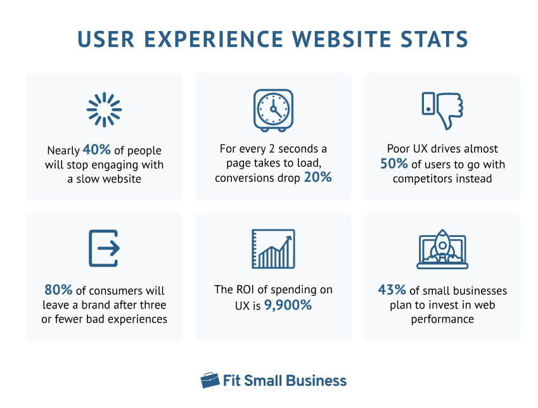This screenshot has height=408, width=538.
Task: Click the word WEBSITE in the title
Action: tap(342, 39)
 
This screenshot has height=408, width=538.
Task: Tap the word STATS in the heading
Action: tap(434, 39)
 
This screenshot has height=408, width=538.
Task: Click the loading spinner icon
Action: tap(105, 110)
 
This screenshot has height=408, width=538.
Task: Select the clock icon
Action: tap(273, 110)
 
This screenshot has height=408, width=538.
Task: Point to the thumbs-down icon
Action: tap(442, 110)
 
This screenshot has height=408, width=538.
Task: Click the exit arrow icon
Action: tap(105, 248)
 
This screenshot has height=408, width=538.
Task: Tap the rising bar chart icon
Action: tap(273, 249)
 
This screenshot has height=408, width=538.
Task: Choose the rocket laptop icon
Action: tap(442, 249)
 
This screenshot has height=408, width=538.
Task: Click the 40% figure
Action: tap(97, 150)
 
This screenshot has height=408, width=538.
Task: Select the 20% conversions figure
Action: tap(317, 177)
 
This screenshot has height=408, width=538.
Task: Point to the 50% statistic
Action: tap(394, 163)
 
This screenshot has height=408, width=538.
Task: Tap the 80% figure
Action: tap(58, 290)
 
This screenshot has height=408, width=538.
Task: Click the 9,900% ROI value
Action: tap(288, 305)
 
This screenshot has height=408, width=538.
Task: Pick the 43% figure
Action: tap(392, 290)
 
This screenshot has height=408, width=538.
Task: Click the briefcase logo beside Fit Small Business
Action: tap(210, 380)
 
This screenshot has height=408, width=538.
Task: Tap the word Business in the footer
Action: tap(316, 381)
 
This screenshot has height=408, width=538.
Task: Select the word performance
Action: tap(442, 319)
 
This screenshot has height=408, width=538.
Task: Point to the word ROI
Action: tap(244, 290)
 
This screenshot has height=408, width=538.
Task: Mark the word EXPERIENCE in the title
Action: tap(214, 39)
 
